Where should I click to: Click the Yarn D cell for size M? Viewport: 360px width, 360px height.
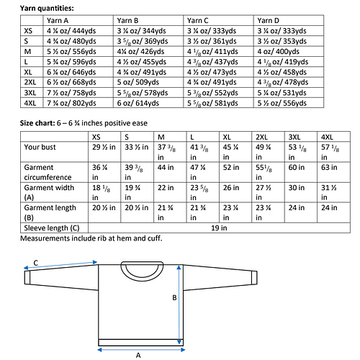click(274, 52)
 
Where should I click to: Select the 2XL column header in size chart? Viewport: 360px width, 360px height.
click(261, 136)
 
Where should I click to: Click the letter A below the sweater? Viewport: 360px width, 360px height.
click(138, 354)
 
